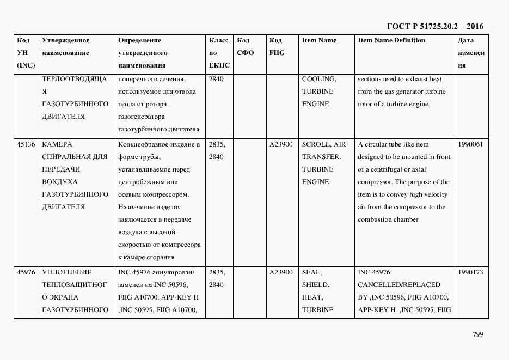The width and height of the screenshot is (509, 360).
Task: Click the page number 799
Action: pyautogui.click(x=477, y=334)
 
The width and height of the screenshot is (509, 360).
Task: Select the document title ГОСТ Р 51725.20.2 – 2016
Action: pyautogui.click(x=435, y=26)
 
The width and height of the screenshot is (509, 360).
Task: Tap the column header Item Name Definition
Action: pyautogui.click(x=391, y=40)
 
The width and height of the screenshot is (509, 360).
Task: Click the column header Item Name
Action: pyautogui.click(x=319, y=40)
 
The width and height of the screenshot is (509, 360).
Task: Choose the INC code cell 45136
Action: pyautogui.click(x=26, y=144)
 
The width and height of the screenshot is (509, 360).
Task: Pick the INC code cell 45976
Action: pyautogui.click(x=26, y=272)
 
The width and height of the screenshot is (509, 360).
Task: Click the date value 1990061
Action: pyautogui.click(x=470, y=144)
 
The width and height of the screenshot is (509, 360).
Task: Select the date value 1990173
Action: pyautogui.click(x=470, y=272)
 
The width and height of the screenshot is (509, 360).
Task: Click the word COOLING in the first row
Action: pyautogui.click(x=319, y=79)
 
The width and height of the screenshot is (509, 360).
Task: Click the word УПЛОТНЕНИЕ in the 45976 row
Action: pyautogui.click(x=66, y=272)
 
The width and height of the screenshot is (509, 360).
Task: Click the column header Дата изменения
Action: pyautogui.click(x=471, y=53)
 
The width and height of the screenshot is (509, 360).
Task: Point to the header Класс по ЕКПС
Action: pyautogui.click(x=219, y=53)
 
